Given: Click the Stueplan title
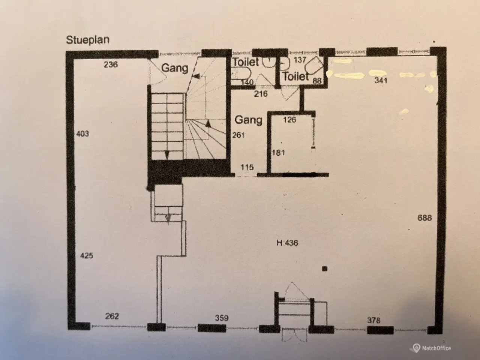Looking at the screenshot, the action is pyautogui.click(x=88, y=40).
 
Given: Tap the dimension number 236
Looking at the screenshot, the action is pyautogui.click(x=111, y=64).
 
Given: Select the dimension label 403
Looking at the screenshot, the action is pyautogui.click(x=82, y=133).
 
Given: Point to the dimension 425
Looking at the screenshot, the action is pyautogui.click(x=87, y=255).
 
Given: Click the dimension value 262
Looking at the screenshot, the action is pyautogui.click(x=112, y=316).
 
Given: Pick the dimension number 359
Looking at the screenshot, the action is pyautogui.click(x=222, y=318).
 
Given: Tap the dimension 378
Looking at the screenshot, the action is pyautogui.click(x=374, y=320).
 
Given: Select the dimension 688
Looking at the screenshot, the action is pyautogui.click(x=424, y=218).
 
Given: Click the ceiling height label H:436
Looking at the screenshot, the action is pyautogui.click(x=287, y=243).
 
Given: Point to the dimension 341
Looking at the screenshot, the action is pyautogui.click(x=381, y=80).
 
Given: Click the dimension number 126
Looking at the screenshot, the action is pyautogui.click(x=289, y=120).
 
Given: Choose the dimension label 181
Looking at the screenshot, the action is pyautogui.click(x=278, y=153).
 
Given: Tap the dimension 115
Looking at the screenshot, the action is pyautogui.click(x=247, y=167).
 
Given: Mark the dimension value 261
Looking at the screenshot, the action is pyautogui.click(x=238, y=135).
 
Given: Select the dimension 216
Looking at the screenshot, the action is pyautogui.click(x=261, y=94).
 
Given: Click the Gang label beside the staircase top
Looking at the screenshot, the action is pyautogui.click(x=175, y=69).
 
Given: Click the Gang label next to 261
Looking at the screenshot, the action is pyautogui.click(x=248, y=120).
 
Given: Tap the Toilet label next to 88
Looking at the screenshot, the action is pyautogui.click(x=296, y=76).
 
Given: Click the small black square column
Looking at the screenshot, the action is pyautogui.click(x=325, y=269).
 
